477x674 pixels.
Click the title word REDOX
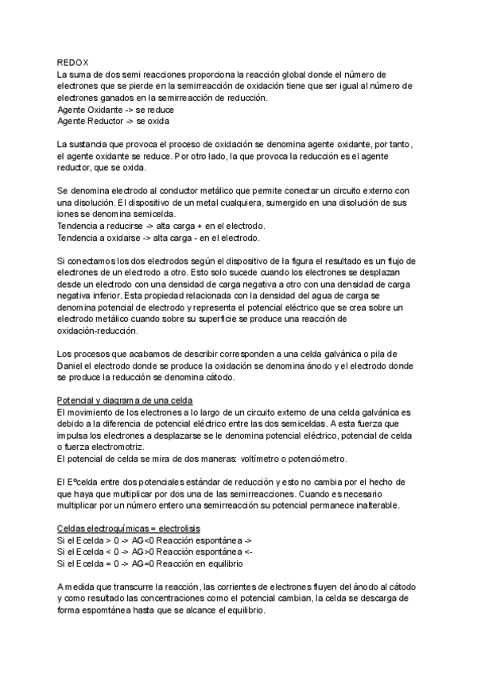point(73,63)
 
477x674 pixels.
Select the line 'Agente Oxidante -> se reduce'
point(116,109)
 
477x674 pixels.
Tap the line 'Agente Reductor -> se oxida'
point(113,121)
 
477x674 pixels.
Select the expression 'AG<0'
point(143,540)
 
